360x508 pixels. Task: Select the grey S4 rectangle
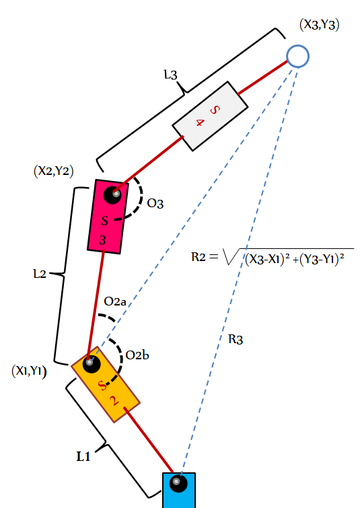210,116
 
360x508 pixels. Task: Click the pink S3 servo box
108,217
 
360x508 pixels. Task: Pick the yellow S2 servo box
106,384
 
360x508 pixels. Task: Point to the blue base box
179,491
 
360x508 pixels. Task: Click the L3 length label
171,75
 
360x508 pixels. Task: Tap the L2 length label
40,274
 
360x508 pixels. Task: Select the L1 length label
83,456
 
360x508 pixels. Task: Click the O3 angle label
155,203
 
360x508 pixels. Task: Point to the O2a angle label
114,301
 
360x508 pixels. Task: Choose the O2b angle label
137,355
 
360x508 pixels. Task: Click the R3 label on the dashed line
236,340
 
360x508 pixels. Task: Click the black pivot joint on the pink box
112,195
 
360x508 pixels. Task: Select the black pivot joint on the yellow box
92,364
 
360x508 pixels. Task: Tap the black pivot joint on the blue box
178,483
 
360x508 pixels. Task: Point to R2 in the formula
199,257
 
